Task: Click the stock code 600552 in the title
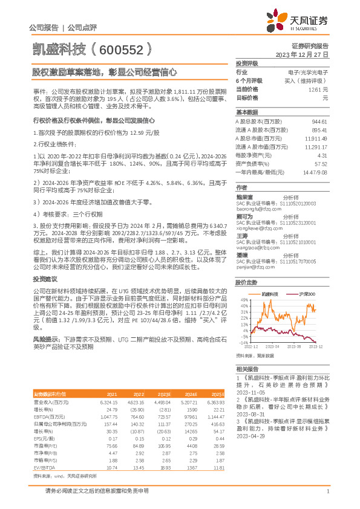click(128, 48)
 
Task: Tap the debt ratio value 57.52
click(320, 163)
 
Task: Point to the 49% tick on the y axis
click(244, 300)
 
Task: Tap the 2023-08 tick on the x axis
click(295, 347)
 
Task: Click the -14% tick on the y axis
click(243, 342)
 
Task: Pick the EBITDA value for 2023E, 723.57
click(163, 417)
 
